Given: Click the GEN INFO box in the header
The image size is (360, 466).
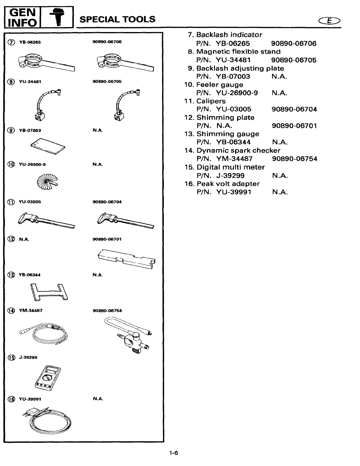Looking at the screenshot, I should point(22,17).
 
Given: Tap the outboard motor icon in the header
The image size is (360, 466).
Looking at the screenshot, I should point(56,17).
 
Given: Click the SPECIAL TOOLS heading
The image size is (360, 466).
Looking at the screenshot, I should point(117,19).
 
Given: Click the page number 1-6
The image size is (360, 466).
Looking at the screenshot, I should point(174,453).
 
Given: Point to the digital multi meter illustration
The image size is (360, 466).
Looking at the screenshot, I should point(48,378).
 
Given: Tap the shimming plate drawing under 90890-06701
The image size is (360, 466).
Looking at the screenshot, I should point(127,258).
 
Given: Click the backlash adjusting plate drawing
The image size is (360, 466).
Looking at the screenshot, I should point(48,146).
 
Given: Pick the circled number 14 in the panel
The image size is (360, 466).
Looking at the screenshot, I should point(11,311).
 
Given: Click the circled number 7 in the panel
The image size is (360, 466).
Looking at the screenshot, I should point(11,42).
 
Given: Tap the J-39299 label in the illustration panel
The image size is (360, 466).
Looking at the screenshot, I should point(28,357).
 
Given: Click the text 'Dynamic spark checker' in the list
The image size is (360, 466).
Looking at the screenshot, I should point(238,151).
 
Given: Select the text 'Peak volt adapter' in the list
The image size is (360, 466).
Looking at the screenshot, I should point(228,184).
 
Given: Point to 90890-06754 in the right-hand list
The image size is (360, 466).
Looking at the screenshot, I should point(295,159).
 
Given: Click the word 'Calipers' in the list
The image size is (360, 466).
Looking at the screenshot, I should point(211,101).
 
